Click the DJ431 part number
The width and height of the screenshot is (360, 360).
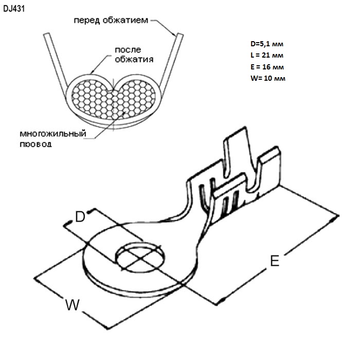pyautogui.click(x=14, y=9)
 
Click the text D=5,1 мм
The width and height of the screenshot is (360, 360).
pyautogui.click(x=267, y=44)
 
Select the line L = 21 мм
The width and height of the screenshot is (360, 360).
pyautogui.click(x=267, y=56)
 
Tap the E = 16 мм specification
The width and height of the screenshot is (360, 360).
pyautogui.click(x=267, y=67)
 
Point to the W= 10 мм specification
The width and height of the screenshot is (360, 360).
pyautogui.click(x=268, y=78)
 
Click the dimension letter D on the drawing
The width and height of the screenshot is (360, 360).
pyautogui.click(x=80, y=217)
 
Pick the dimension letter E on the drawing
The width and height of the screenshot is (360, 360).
pyautogui.click(x=275, y=261)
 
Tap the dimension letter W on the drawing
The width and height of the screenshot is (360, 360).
pyautogui.click(x=73, y=304)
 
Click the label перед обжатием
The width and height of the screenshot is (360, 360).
pyautogui.click(x=111, y=20)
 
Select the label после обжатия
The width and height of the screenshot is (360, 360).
pyautogui.click(x=134, y=55)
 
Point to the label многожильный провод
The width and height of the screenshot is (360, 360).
pyautogui.click(x=53, y=139)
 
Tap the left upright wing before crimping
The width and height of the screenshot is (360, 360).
pyautogui.click(x=55, y=61)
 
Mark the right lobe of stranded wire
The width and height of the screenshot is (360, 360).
pyautogui.click(x=135, y=99)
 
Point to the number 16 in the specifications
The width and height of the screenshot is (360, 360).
pyautogui.click(x=266, y=67)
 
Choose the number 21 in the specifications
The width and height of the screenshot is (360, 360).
pyautogui.click(x=266, y=56)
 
